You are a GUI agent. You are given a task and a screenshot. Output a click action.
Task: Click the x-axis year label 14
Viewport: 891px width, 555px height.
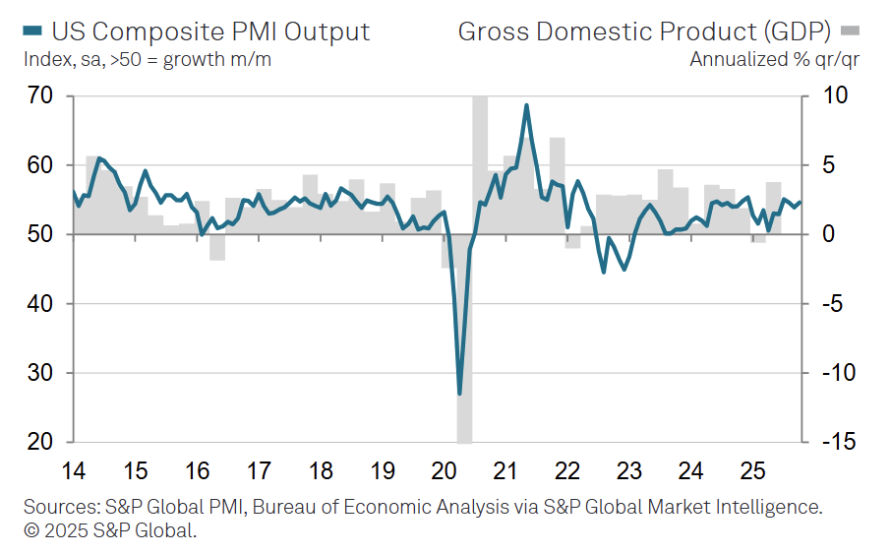click(73, 469)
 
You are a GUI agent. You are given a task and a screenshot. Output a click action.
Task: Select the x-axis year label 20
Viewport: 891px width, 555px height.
click(444, 469)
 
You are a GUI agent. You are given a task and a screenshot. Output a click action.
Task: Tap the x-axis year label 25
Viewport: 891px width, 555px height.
click(752, 469)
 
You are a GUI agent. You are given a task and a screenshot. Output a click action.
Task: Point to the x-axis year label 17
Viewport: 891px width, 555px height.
click(259, 469)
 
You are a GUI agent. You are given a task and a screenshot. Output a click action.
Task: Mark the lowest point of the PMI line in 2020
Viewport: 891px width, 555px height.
click(459, 394)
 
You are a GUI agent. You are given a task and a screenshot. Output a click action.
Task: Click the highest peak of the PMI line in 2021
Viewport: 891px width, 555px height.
click(527, 105)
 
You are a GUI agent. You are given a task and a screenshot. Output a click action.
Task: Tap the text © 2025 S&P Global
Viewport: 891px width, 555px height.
click(109, 531)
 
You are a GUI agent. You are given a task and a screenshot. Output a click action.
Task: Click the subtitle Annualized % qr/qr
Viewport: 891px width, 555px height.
click(774, 59)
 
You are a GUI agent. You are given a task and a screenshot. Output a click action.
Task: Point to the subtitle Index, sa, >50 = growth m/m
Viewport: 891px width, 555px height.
click(148, 59)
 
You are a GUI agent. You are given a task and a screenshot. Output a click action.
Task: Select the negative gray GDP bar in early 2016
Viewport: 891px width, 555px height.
click(217, 247)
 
